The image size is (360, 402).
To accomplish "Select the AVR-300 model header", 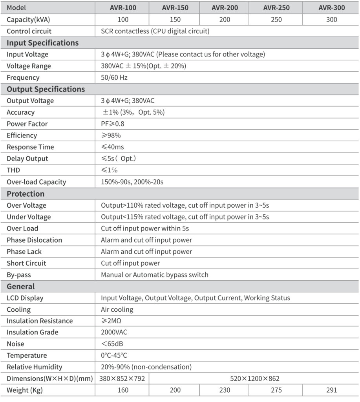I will tap(332, 8).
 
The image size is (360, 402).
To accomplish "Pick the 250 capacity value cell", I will tap(276, 20).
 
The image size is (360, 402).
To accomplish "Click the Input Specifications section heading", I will tap(42, 43).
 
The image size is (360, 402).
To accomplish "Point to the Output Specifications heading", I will tap(46, 89).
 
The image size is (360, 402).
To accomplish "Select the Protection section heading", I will tap(26, 194).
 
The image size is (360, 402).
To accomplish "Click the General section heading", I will tap(21, 286).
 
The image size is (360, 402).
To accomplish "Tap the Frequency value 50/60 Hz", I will tap(114, 77).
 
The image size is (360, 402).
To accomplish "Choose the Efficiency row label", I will tap(22, 135).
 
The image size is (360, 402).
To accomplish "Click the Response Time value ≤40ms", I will tap(113, 147).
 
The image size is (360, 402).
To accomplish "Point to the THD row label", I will tap(13, 170).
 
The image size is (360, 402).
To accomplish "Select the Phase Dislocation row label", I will tap(34, 240).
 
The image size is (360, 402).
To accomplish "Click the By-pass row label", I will tap(19, 275).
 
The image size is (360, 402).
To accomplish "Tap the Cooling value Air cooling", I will tap(117, 309).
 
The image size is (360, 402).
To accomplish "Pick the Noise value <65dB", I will tap(113, 344).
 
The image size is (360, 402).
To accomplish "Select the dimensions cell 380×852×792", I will tap(122, 378).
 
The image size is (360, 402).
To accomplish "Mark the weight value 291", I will tap(332, 390).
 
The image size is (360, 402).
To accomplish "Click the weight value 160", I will tap(122, 390).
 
